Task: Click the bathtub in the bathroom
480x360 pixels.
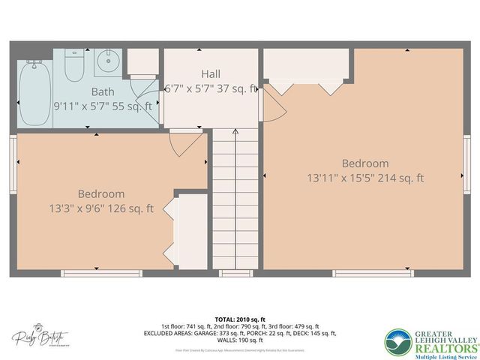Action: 34,92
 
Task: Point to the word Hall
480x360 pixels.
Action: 211,73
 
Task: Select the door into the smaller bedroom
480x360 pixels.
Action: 184,142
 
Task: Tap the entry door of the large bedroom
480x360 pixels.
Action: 274,104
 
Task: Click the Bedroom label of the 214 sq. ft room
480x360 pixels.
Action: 365,163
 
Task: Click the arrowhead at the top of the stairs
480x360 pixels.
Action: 235,132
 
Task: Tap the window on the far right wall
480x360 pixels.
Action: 466,160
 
